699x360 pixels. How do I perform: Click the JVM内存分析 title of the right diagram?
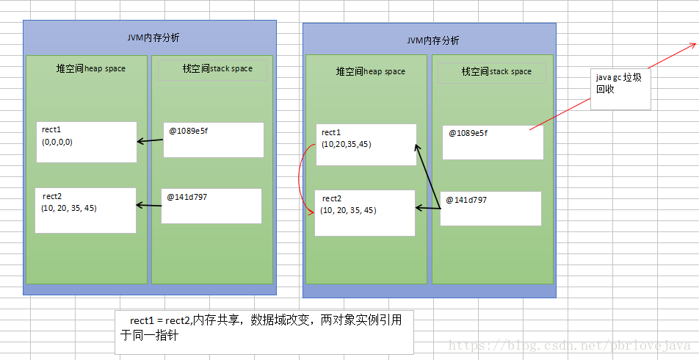click(x=433, y=40)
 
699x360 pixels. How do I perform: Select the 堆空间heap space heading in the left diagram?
click(x=91, y=69)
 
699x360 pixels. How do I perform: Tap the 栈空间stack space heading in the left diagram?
click(x=217, y=69)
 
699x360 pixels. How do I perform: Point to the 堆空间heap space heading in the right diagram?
click(x=371, y=71)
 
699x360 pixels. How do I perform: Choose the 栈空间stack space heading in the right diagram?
click(x=496, y=71)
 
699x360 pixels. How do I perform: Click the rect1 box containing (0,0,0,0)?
click(x=86, y=142)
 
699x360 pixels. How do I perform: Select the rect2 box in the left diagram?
click(x=86, y=210)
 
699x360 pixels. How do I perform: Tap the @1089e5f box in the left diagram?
click(x=213, y=140)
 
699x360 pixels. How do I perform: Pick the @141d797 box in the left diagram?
click(x=211, y=206)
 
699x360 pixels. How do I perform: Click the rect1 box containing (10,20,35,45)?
click(x=366, y=145)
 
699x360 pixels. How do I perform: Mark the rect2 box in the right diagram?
click(x=365, y=213)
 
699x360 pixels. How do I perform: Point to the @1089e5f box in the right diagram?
click(x=493, y=143)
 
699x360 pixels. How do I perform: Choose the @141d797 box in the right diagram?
click(x=490, y=209)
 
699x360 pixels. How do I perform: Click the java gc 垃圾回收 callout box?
click(x=620, y=90)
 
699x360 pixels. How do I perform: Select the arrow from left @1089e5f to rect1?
click(x=150, y=140)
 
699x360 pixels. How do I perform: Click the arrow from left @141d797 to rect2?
click(x=149, y=206)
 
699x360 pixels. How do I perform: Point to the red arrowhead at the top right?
click(x=691, y=46)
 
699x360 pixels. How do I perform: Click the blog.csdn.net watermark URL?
click(x=569, y=345)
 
